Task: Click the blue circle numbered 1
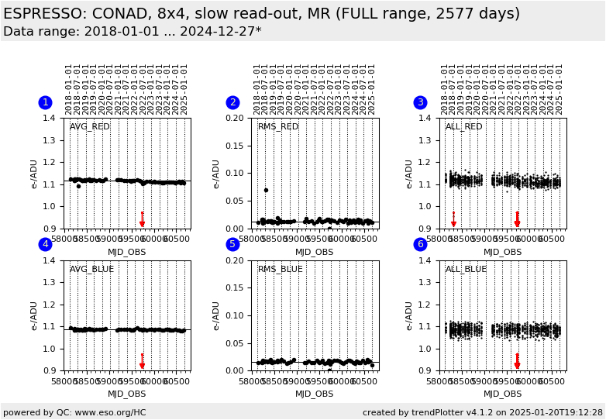tap(45, 102)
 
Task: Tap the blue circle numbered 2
tap(232, 102)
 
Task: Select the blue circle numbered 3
tap(420, 102)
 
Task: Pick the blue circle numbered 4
tap(45, 244)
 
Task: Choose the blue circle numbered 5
tap(232, 244)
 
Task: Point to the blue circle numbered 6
tap(420, 244)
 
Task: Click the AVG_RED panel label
tap(90, 127)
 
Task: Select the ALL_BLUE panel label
tap(467, 270)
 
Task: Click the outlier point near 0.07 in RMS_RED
tap(266, 190)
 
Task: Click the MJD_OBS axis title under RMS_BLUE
tap(315, 394)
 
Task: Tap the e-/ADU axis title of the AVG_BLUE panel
tap(34, 315)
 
